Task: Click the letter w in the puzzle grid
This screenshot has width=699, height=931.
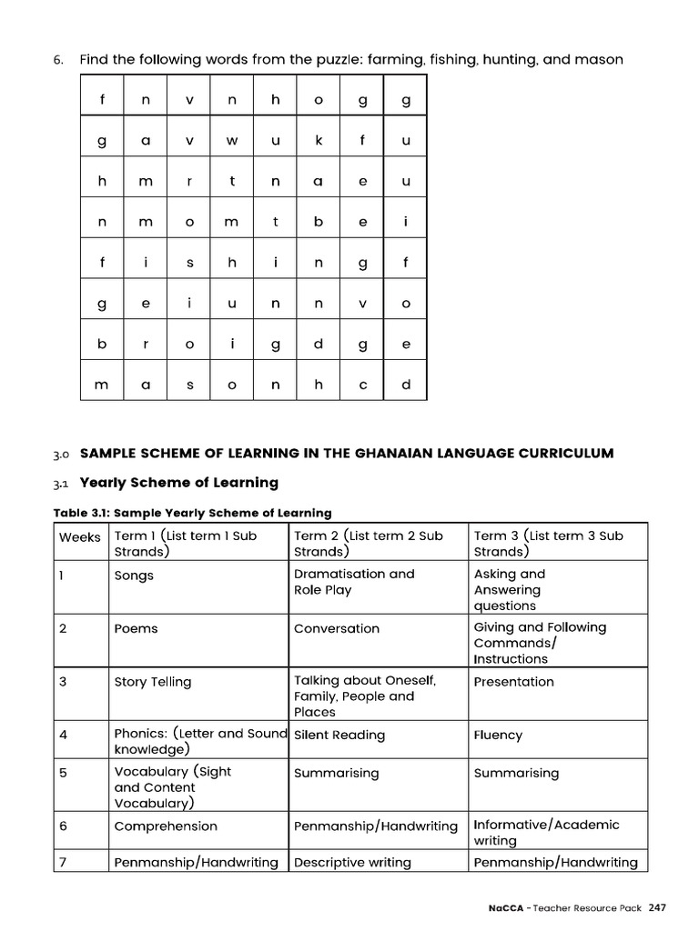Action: pos(231,140)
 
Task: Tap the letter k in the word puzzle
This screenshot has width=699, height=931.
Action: pos(319,140)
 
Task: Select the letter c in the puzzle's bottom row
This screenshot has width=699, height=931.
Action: pos(362,385)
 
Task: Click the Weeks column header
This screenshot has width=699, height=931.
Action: pos(80,537)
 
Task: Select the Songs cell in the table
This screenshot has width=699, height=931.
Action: pos(134,576)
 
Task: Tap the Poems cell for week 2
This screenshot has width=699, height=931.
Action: pos(136,629)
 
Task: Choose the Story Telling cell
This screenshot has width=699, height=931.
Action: pos(153,682)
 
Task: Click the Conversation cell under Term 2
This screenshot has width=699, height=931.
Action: pos(337,628)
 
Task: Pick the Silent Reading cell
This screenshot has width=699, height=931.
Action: pos(339,735)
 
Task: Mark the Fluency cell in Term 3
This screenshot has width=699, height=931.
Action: pos(498,735)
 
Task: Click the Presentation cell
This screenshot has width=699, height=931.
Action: pos(513,682)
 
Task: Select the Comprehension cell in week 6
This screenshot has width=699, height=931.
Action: pos(166,826)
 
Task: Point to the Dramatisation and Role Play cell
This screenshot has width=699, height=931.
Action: pos(354,582)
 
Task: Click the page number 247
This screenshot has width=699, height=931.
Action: pos(658,908)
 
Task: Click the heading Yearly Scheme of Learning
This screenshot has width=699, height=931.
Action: pos(179,483)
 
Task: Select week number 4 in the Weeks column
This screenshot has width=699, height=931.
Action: pos(63,735)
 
